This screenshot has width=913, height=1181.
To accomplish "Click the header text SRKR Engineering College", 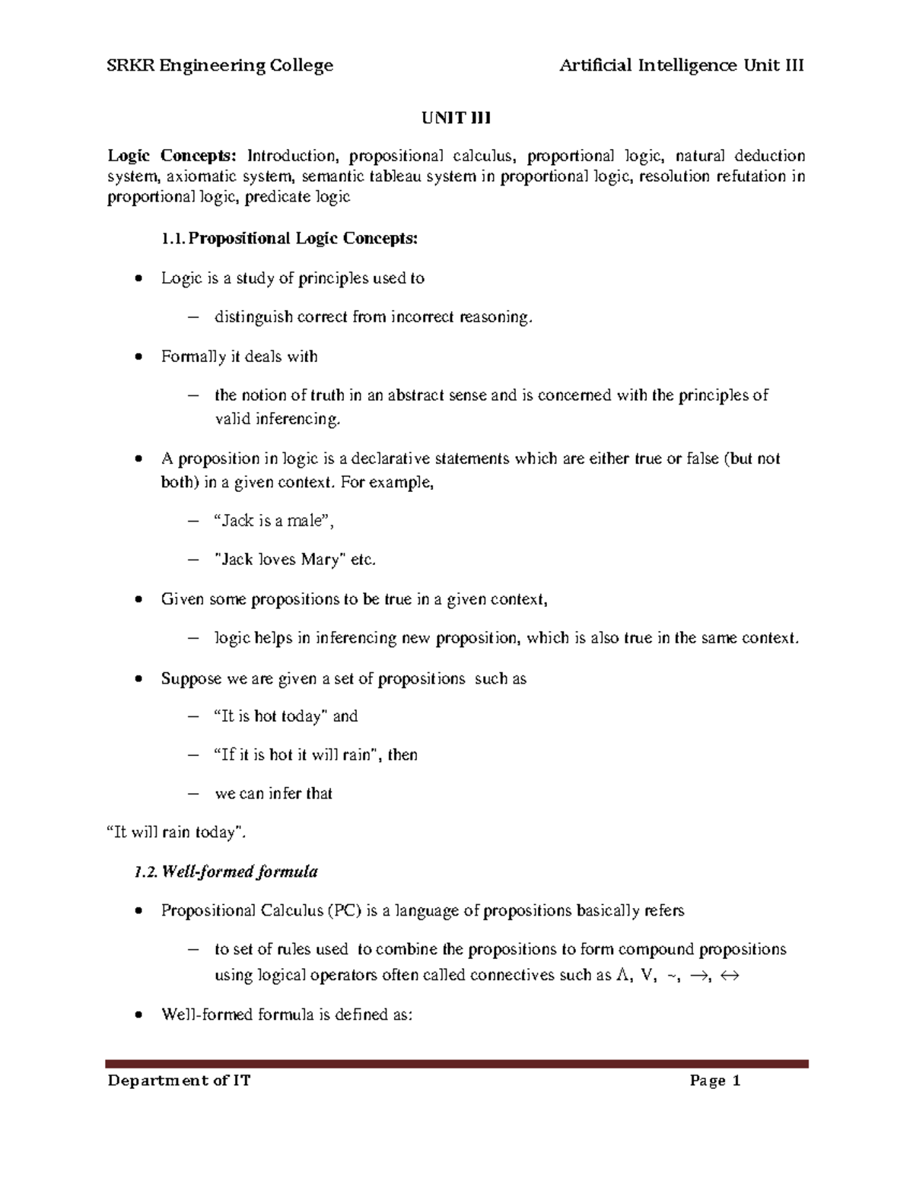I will point(220,65).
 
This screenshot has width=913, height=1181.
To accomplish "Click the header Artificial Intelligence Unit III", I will point(681,65).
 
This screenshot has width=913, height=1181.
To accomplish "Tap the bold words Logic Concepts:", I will point(172,156).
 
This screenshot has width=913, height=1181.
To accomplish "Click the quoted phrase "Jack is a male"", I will point(273,521).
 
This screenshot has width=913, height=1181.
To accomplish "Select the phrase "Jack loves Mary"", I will point(282,560).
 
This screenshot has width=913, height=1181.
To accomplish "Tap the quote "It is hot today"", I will point(269,716).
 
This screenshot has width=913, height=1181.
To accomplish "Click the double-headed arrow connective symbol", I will point(728,976).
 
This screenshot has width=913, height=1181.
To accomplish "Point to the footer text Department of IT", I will point(179,1081).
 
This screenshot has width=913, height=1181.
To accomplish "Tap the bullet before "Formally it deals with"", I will point(137,357).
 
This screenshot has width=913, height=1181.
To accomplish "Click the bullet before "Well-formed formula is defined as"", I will point(137,1015).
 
